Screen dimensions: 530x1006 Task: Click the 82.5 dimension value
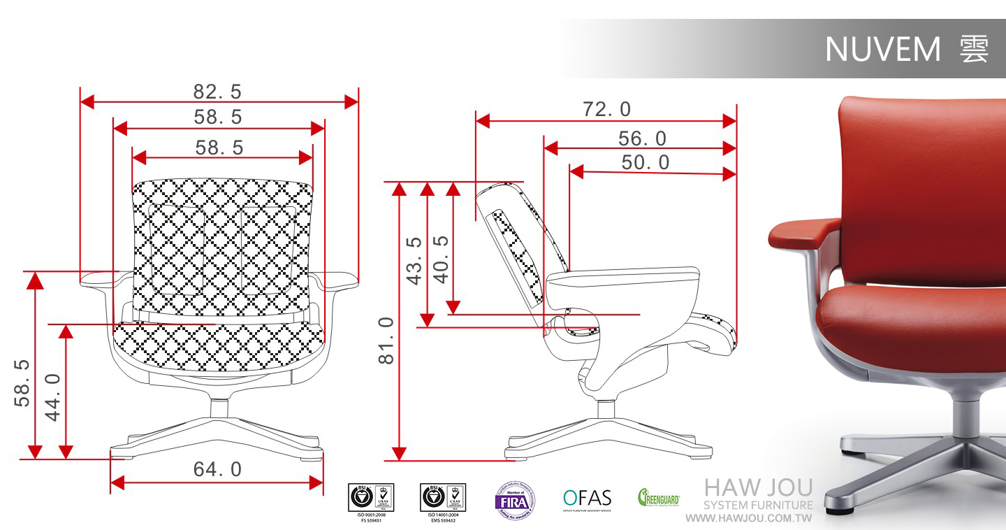[217, 92]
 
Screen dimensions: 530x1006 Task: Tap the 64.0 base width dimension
[217, 469]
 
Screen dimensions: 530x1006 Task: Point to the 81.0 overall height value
[386, 341]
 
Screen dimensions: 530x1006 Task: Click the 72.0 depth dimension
[606, 109]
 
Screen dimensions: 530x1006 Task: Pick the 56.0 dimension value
[642, 138]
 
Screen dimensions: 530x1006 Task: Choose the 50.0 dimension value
[645, 163]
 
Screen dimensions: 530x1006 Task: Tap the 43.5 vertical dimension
[415, 260]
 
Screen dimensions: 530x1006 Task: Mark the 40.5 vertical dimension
[441, 259]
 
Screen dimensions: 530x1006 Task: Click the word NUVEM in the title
[883, 50]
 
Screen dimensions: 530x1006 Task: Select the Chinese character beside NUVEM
[974, 50]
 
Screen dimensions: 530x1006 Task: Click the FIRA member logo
[516, 500]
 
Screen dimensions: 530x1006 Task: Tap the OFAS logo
[587, 499]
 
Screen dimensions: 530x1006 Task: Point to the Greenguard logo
[658, 499]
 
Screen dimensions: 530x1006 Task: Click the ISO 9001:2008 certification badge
[370, 499]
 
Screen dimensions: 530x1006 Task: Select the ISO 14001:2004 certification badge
[442, 499]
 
